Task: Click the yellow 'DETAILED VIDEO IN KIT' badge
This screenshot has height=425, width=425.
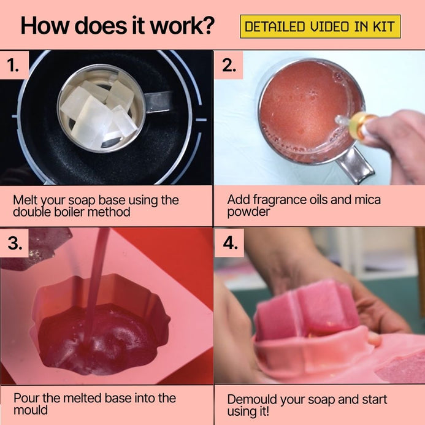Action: tap(320, 26)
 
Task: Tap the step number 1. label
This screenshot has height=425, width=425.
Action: tap(13, 66)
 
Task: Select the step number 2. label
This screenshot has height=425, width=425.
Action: tap(229, 66)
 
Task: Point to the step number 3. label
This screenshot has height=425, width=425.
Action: tap(15, 243)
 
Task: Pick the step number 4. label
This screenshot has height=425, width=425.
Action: tap(231, 243)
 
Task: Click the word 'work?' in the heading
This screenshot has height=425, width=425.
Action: tap(182, 26)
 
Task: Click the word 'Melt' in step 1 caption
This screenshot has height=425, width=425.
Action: tap(25, 201)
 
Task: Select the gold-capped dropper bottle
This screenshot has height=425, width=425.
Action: tap(355, 124)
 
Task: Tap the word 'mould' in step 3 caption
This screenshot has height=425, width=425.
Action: tap(31, 410)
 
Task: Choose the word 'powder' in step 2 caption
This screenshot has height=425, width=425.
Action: tap(248, 212)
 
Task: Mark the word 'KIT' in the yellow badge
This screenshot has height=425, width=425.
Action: tap(383, 27)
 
